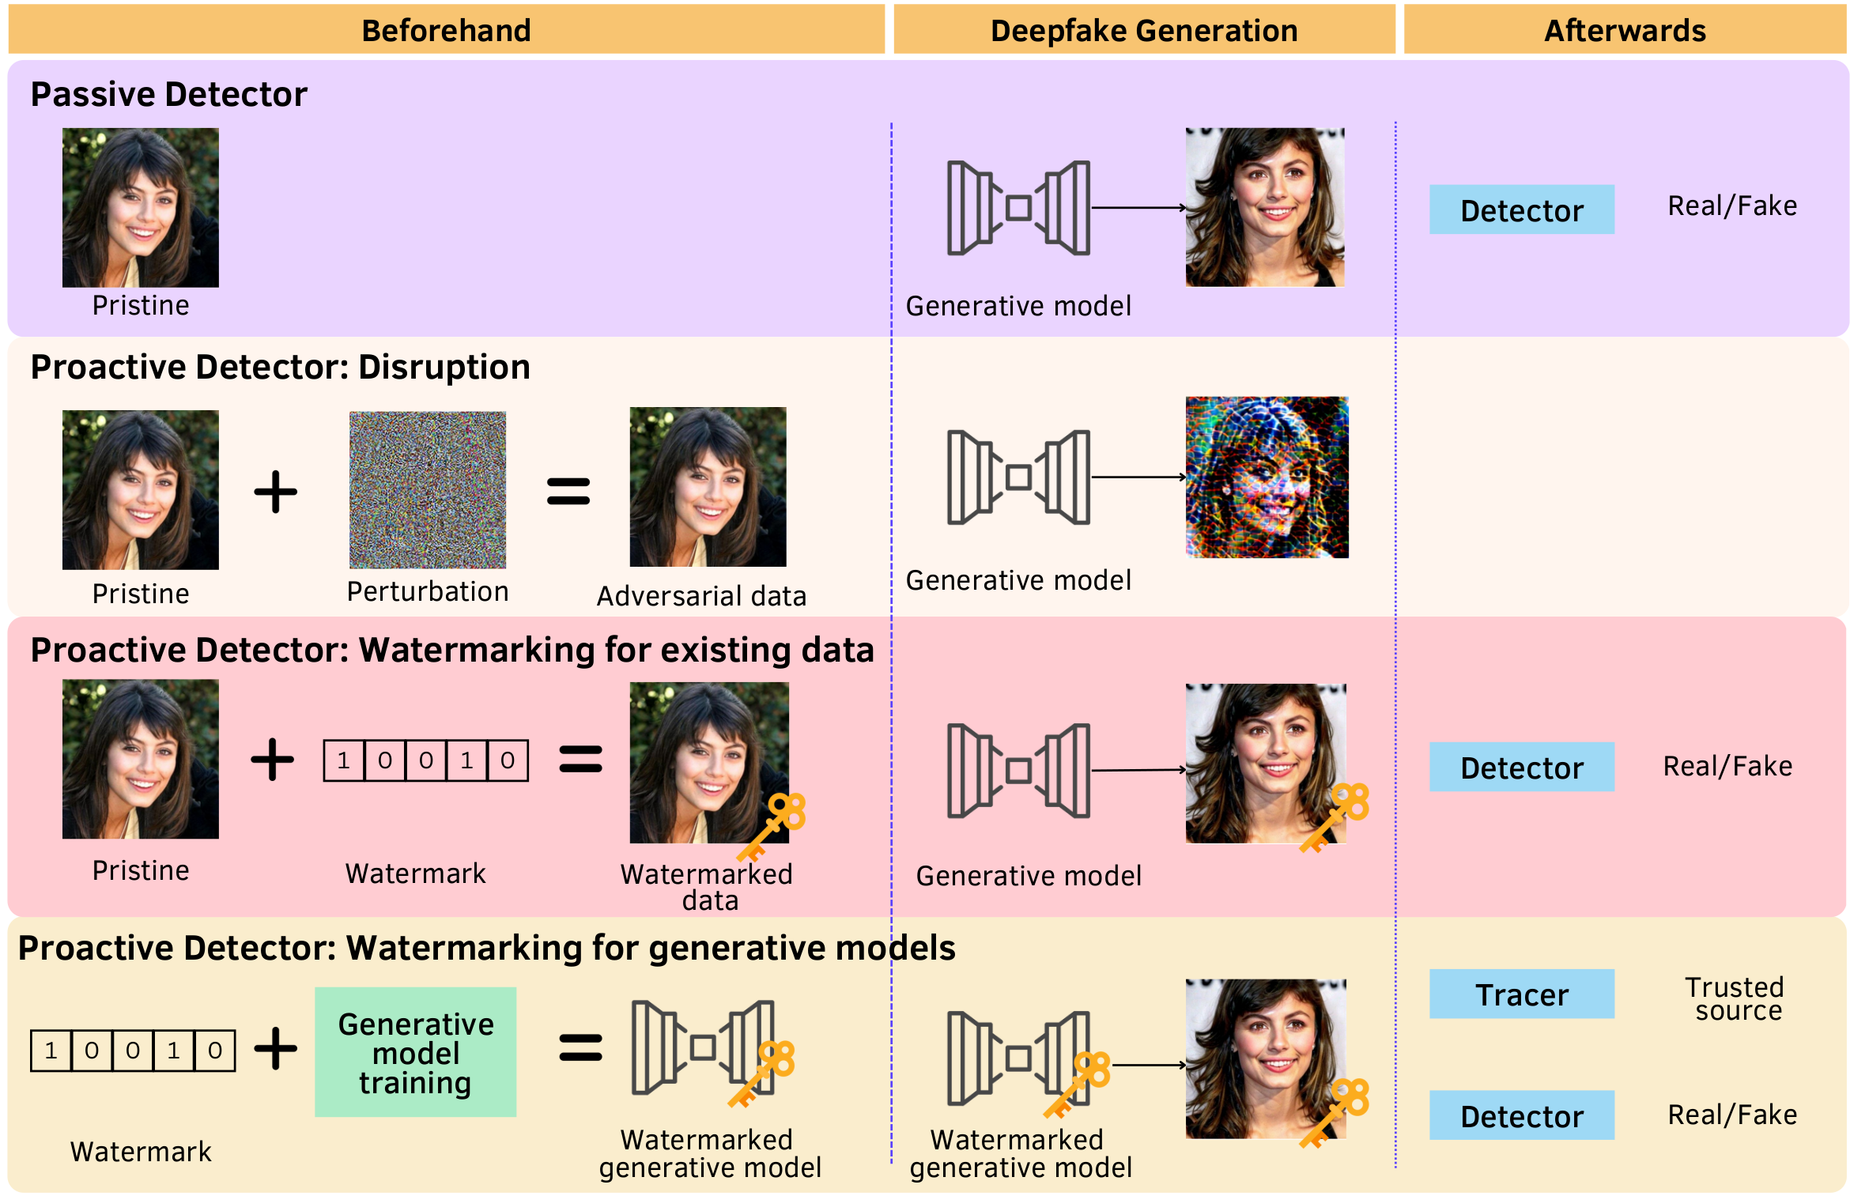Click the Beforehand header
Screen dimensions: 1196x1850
click(x=446, y=30)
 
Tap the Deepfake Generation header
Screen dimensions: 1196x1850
click(x=1143, y=30)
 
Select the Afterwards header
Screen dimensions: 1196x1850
click(x=1624, y=30)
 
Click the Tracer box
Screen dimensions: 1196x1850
click(x=1520, y=994)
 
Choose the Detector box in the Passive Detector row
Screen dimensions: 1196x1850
click(x=1520, y=209)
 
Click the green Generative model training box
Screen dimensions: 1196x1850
click(x=415, y=1051)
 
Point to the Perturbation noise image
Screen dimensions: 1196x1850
click(x=427, y=489)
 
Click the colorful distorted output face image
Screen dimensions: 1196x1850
click(x=1266, y=477)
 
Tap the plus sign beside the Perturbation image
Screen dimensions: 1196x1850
click(x=275, y=492)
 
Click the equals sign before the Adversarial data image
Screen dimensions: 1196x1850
click(x=568, y=492)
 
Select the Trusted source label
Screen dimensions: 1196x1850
click(x=1735, y=998)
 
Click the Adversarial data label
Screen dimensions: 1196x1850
click(x=701, y=596)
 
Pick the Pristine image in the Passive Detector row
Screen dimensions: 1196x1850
click(x=140, y=207)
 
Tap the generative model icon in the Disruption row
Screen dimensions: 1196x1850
click(x=1018, y=477)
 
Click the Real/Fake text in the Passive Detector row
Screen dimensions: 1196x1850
click(x=1731, y=206)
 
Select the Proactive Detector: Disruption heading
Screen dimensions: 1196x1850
click(x=280, y=367)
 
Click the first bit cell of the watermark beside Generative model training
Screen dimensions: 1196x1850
click(x=51, y=1050)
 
